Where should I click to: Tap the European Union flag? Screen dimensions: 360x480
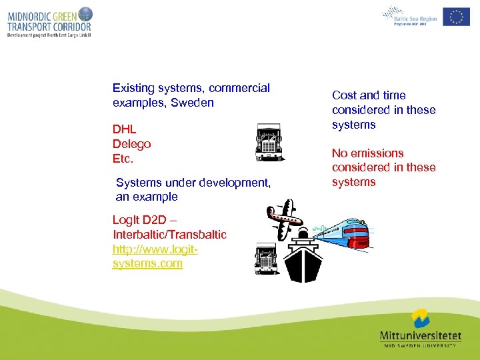point(456,16)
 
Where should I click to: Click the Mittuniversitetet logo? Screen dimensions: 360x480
point(419,327)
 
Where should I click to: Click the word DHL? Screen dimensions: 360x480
point(125,129)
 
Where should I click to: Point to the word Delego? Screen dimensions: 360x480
point(132,144)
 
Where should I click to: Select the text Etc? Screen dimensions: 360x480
point(123,159)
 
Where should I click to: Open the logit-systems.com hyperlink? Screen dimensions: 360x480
point(155,257)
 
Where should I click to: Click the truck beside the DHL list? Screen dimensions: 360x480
point(269,142)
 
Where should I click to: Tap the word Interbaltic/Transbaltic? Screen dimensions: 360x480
point(170,235)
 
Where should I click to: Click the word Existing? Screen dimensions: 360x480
point(133,88)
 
